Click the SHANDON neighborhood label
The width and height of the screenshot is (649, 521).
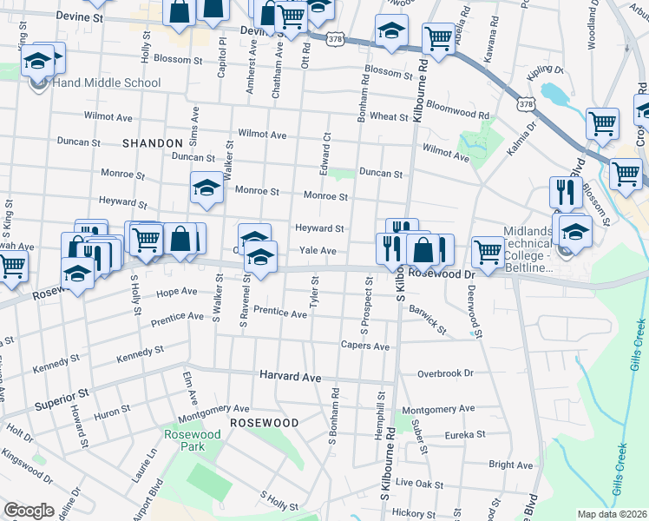coord(153,142)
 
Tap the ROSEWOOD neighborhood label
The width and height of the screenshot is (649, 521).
coord(264,422)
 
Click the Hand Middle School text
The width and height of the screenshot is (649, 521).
coord(107,82)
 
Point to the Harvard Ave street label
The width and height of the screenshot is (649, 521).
coord(291,377)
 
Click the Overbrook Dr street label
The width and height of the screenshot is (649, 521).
coord(445,373)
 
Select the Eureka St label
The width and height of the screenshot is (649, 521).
coord(462,434)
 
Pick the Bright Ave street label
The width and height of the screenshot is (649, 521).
coord(510,465)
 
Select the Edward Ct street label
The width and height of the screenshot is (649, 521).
coord(326,152)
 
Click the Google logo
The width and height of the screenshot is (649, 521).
coord(29,511)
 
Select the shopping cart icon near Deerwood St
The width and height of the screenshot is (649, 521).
coord(488,251)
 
